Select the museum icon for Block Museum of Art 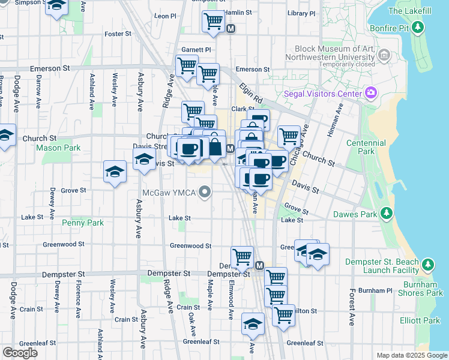coord(385,56)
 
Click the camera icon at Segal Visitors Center coord(371,93)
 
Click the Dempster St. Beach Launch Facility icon coord(427,265)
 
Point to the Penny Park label coord(83,223)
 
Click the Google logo coord(20,353)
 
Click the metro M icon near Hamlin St coord(231,28)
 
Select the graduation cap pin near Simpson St coord(56,6)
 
